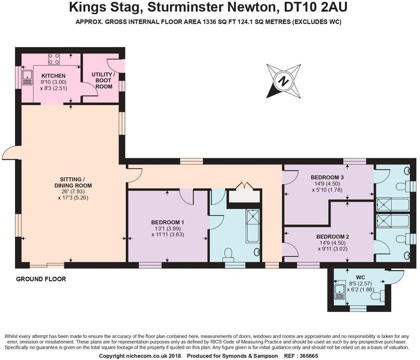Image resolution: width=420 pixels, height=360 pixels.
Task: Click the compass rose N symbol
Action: point(283,81)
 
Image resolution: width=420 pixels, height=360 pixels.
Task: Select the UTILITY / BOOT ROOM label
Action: point(103,80)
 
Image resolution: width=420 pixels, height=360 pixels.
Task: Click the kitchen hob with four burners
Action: point(54,59)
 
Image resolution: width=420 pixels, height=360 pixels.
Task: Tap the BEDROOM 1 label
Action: point(168,222)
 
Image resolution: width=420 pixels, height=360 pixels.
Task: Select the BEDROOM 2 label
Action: point(332,237)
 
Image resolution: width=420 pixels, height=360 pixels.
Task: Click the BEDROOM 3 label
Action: point(327,177)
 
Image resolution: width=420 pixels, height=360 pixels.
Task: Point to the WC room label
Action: point(360,277)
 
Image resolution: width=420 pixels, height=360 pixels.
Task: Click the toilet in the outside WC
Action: point(376,296)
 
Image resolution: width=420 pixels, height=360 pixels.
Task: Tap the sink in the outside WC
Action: point(340,291)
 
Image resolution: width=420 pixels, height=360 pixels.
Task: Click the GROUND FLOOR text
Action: point(41,279)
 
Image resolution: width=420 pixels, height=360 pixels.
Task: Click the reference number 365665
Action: point(308,356)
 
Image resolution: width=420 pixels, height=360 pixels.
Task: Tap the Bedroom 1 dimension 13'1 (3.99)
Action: point(168,229)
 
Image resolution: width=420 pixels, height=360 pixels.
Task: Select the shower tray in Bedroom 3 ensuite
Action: point(383,205)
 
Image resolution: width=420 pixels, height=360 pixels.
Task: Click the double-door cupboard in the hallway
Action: point(244,194)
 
